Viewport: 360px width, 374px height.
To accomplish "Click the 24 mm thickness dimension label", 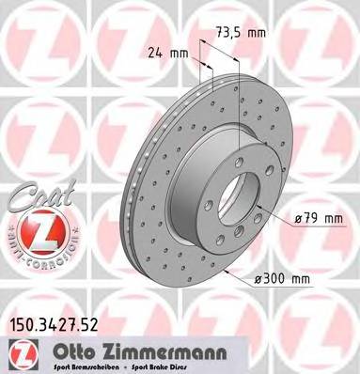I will [167, 54].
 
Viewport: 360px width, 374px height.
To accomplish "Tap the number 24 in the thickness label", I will [157, 54].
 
